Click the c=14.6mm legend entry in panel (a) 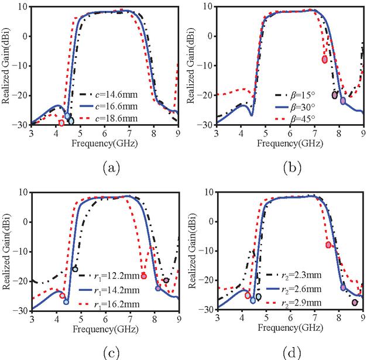109,95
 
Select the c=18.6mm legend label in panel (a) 109,118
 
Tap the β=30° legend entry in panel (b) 295,107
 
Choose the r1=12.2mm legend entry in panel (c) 109,276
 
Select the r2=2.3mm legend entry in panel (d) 294,275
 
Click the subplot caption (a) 111,168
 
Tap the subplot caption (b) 292,168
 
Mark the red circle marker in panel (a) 61,123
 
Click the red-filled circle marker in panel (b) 325,60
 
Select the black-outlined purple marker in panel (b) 335,95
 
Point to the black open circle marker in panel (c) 75,269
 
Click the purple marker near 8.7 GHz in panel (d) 355,303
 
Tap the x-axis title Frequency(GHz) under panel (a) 104,143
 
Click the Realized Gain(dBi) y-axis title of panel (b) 191,66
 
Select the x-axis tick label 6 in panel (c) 105,319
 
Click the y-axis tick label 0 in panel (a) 25,36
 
